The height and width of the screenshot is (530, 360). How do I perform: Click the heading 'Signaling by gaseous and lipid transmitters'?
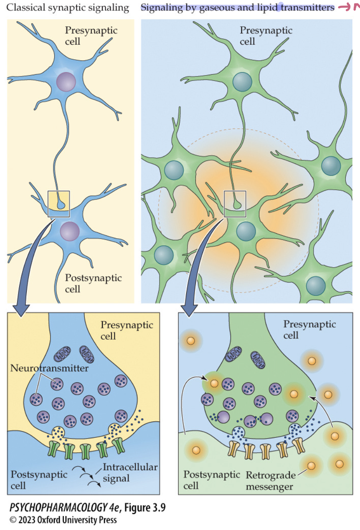[x=238, y=8]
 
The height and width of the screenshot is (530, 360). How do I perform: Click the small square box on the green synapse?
[x=235, y=204]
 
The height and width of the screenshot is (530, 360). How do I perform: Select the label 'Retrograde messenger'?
[x=271, y=480]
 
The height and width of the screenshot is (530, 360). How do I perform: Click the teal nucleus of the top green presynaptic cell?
[x=242, y=82]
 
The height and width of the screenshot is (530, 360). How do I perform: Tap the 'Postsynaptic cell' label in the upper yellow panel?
[x=93, y=283]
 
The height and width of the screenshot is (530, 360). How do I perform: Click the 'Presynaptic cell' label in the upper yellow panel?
[x=91, y=35]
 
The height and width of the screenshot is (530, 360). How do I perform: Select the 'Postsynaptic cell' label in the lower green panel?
[x=212, y=480]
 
